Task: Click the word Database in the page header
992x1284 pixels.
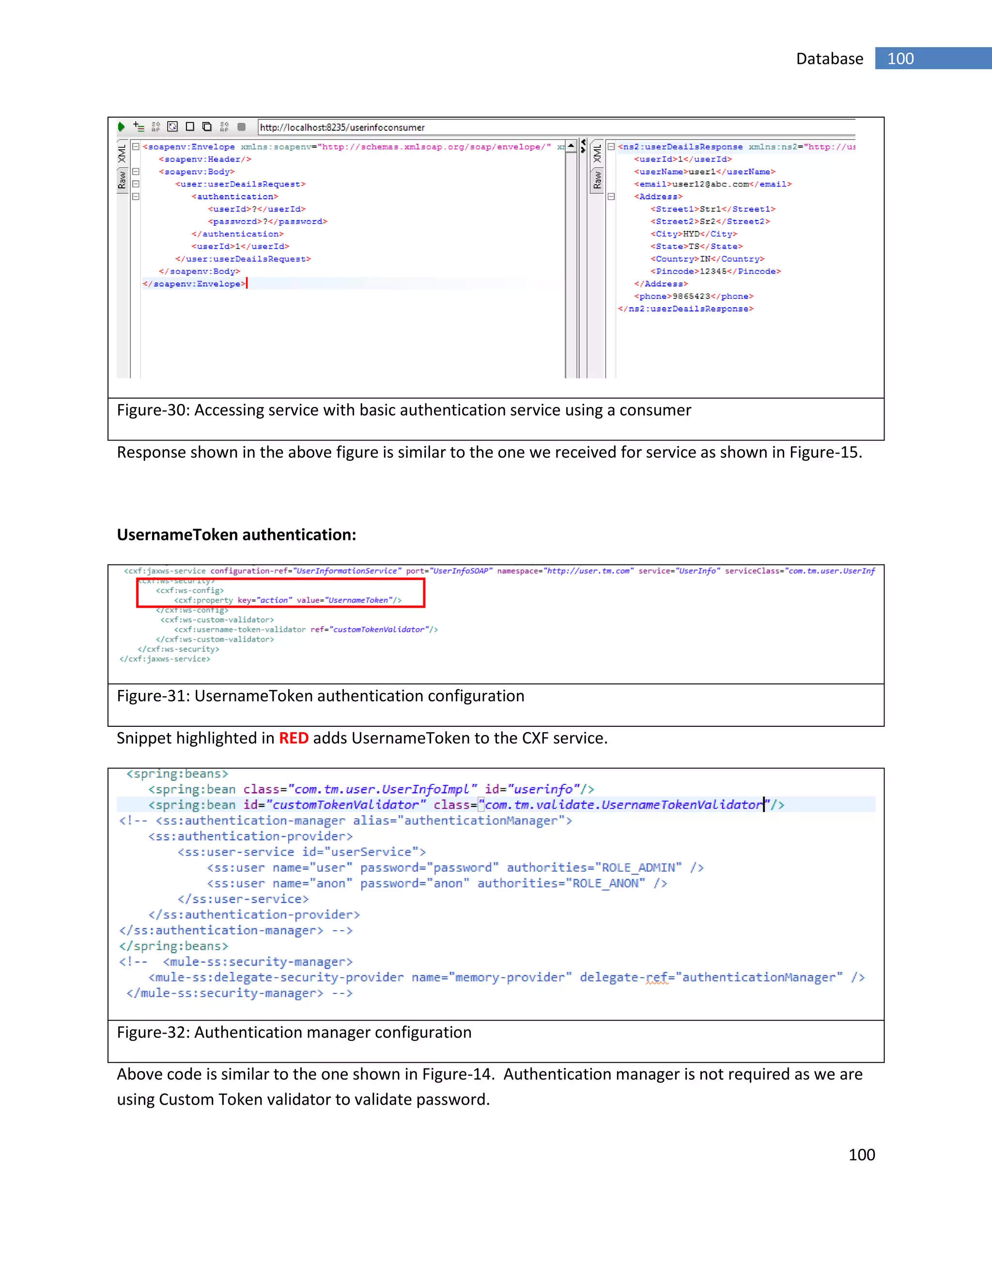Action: [x=829, y=59]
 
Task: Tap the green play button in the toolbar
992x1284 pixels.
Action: [x=121, y=126]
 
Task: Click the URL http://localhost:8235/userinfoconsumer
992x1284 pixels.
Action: [x=342, y=127]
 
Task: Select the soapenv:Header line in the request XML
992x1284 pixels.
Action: [x=204, y=159]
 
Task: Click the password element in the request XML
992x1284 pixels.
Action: [x=267, y=221]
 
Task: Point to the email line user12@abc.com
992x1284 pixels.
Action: [x=712, y=184]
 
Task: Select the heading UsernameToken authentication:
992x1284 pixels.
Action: [x=236, y=534]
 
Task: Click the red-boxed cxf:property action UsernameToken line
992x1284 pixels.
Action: [x=287, y=600]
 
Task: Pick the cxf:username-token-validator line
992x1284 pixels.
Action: [x=306, y=630]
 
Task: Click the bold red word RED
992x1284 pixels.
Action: [x=293, y=738]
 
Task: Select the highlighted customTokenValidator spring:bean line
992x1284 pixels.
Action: [x=465, y=805]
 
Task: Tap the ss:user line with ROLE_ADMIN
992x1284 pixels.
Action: [x=455, y=868]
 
